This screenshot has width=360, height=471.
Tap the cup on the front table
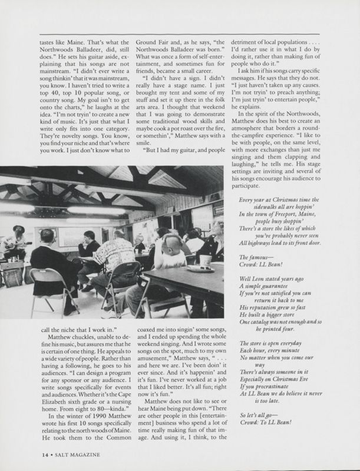pos(206,261)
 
